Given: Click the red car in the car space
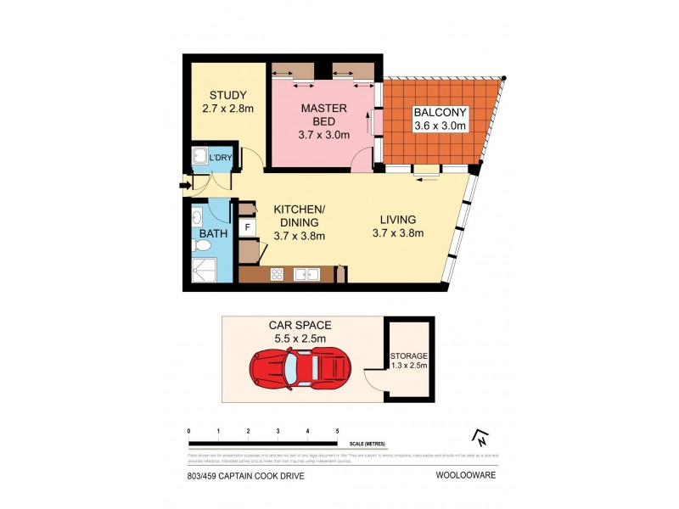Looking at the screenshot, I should (299, 367).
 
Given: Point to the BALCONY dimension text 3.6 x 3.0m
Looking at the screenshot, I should (440, 126).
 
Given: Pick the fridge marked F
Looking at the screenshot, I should (248, 227).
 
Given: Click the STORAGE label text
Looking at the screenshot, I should (408, 356).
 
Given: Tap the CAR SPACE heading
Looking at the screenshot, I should (300, 325).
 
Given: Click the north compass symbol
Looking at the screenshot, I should (480, 438).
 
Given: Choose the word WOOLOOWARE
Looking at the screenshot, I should (466, 476).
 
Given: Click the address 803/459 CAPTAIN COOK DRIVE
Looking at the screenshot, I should (245, 476).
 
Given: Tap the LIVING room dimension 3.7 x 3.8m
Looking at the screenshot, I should (397, 234).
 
